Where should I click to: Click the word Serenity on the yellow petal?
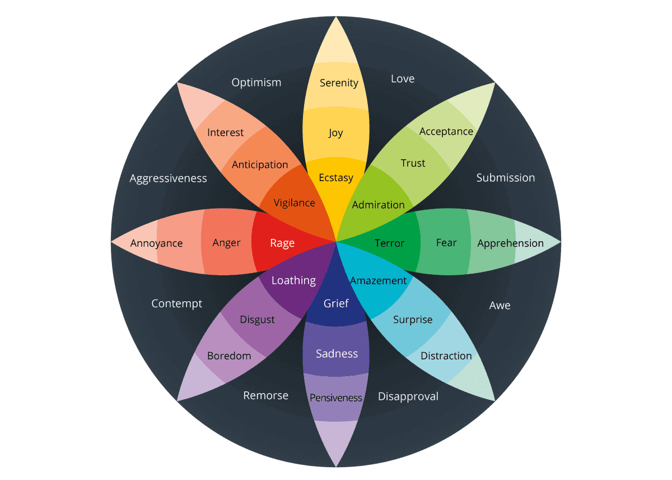click(339, 83)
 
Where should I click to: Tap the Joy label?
click(336, 133)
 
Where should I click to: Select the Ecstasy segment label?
click(336, 178)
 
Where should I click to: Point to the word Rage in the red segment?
click(282, 243)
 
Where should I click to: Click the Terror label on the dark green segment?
click(389, 243)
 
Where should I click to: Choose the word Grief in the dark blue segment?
click(336, 303)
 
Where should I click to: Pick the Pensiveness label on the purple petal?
click(336, 398)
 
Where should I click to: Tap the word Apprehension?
click(510, 243)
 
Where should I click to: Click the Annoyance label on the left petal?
click(156, 243)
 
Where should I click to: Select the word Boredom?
click(229, 356)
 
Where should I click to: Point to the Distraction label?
click(446, 356)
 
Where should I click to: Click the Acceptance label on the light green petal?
click(446, 131)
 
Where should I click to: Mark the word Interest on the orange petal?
click(226, 132)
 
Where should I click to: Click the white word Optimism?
click(256, 82)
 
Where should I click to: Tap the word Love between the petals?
click(403, 79)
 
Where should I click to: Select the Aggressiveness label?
click(168, 178)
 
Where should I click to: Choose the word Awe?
click(500, 306)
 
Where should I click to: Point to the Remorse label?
click(265, 395)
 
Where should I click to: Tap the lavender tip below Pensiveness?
click(336, 440)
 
